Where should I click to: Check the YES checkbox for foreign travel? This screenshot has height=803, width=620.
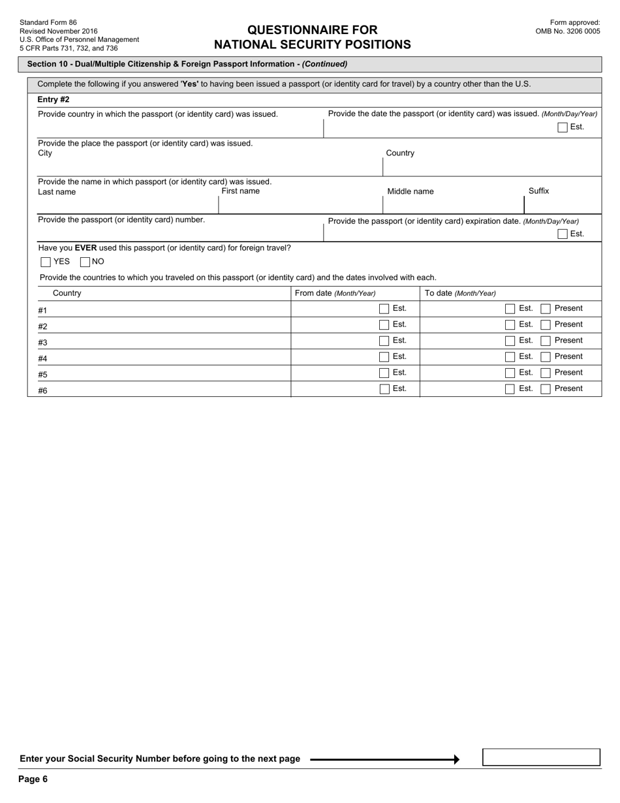click(x=46, y=262)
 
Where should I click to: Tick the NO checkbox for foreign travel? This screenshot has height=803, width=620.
click(x=85, y=262)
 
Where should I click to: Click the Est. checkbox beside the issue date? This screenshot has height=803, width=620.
click(x=563, y=127)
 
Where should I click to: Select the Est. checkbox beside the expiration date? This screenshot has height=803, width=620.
click(x=563, y=234)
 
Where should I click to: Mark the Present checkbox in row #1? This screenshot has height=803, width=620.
click(x=546, y=309)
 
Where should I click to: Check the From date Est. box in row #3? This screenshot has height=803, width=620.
click(x=384, y=341)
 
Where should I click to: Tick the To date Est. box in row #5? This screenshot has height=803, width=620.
click(x=510, y=373)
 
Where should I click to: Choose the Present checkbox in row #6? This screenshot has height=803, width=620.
click(x=546, y=389)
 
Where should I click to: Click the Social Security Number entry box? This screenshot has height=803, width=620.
click(x=541, y=757)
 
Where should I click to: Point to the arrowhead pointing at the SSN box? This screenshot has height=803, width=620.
click(x=456, y=759)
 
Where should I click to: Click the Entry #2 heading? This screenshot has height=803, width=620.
click(x=54, y=100)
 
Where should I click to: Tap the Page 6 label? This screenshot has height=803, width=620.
click(x=33, y=779)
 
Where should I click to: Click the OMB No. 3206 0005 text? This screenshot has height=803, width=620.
click(x=568, y=31)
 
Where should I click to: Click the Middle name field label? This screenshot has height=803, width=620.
click(x=411, y=192)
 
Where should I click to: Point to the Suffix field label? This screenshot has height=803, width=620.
click(x=538, y=191)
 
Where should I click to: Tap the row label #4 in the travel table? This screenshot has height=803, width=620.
click(x=42, y=358)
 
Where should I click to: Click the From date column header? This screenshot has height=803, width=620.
click(x=335, y=294)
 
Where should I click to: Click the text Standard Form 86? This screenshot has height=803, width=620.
click(x=48, y=23)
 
